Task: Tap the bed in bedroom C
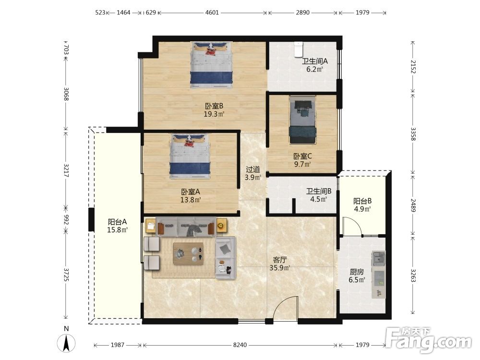302,120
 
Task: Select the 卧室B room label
214,106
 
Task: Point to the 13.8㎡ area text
191,200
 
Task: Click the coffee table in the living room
188,253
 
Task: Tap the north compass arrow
66,343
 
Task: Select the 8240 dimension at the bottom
240,345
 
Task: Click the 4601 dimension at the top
212,12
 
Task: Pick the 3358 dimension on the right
413,134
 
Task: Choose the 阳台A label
117,222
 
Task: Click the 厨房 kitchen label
357,272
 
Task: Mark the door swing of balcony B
352,226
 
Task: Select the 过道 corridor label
253,169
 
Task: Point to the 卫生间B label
319,192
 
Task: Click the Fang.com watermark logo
428,339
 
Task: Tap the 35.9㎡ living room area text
280,268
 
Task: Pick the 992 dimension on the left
66,219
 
